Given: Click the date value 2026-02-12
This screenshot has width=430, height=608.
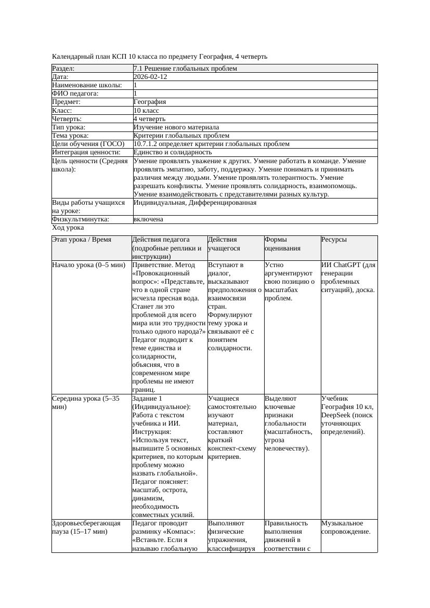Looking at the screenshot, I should tap(150, 77).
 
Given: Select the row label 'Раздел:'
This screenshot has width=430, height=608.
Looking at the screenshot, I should tap(63, 69).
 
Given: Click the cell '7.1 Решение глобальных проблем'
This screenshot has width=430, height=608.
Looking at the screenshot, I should tap(185, 69).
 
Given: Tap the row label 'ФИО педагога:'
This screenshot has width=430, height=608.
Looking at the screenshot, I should tap(75, 94).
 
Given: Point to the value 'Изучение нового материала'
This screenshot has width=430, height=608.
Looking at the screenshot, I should tap(176, 127).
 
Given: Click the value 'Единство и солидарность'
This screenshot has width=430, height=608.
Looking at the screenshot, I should tap(173, 152).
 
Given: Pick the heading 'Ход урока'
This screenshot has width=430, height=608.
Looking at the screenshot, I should tap(68, 228).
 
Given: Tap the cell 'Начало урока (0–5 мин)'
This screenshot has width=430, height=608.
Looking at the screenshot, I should tap(89, 265).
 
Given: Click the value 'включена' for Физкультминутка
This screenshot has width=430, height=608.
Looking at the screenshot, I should tap(148, 219).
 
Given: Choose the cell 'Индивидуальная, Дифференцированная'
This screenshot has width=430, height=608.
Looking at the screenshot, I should tap(194, 203).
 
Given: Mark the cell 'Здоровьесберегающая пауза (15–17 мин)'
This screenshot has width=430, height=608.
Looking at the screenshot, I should tap(86, 527).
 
